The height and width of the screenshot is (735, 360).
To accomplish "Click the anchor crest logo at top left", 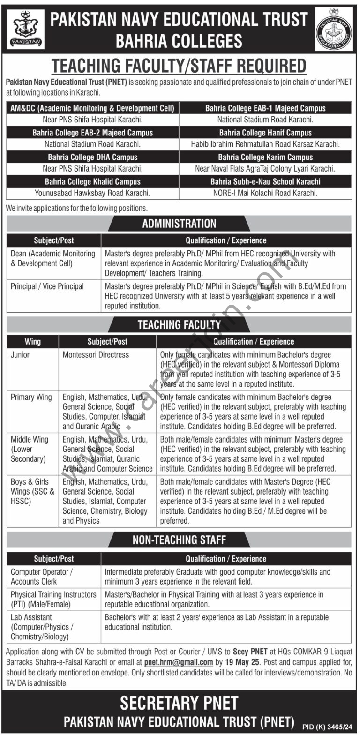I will pyautogui.click(x=26, y=29).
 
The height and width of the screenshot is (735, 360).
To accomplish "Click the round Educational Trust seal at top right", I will pyautogui.click(x=333, y=29).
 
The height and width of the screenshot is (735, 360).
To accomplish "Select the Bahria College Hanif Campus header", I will pyautogui.click(x=265, y=133).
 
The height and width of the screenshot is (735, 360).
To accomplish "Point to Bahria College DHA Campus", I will pyautogui.click(x=92, y=157).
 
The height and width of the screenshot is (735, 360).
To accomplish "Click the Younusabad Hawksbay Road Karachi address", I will pyautogui.click(x=92, y=193).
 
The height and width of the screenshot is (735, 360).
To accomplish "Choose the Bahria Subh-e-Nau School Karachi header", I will pyautogui.click(x=265, y=181).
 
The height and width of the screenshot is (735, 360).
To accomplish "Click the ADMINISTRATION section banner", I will pyautogui.click(x=179, y=224).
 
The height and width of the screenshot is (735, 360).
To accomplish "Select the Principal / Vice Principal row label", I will pyautogui.click(x=47, y=286).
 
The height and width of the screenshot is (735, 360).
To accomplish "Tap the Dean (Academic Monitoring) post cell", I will pyautogui.click(x=52, y=258).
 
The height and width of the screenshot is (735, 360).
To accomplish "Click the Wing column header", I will pyautogui.click(x=32, y=342).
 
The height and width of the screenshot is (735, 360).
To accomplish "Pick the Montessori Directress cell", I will pyautogui.click(x=96, y=355).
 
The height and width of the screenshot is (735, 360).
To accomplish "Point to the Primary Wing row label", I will pyautogui.click(x=31, y=397).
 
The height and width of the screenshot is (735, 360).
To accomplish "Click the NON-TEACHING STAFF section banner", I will pyautogui.click(x=179, y=540).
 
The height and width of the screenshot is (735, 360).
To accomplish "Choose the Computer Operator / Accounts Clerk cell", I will pyautogui.click(x=42, y=577).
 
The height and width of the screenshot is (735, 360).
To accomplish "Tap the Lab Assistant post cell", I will pyautogui.click(x=42, y=627).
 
